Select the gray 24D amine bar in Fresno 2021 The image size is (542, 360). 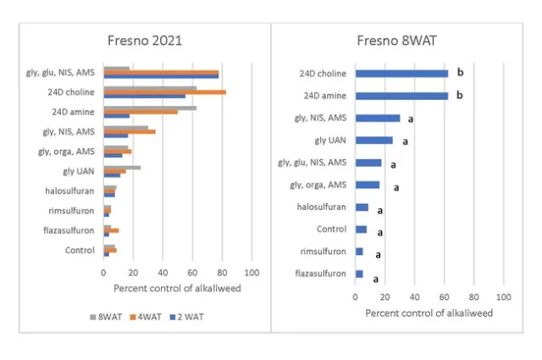point(150,108)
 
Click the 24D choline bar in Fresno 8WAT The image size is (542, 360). point(401,74)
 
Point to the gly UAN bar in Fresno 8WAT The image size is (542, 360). point(373,141)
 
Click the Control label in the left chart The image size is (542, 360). point(80,250)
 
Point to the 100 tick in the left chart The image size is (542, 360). point(252,274)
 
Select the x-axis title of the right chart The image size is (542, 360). point(429,313)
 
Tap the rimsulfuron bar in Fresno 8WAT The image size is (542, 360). point(359,252)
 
